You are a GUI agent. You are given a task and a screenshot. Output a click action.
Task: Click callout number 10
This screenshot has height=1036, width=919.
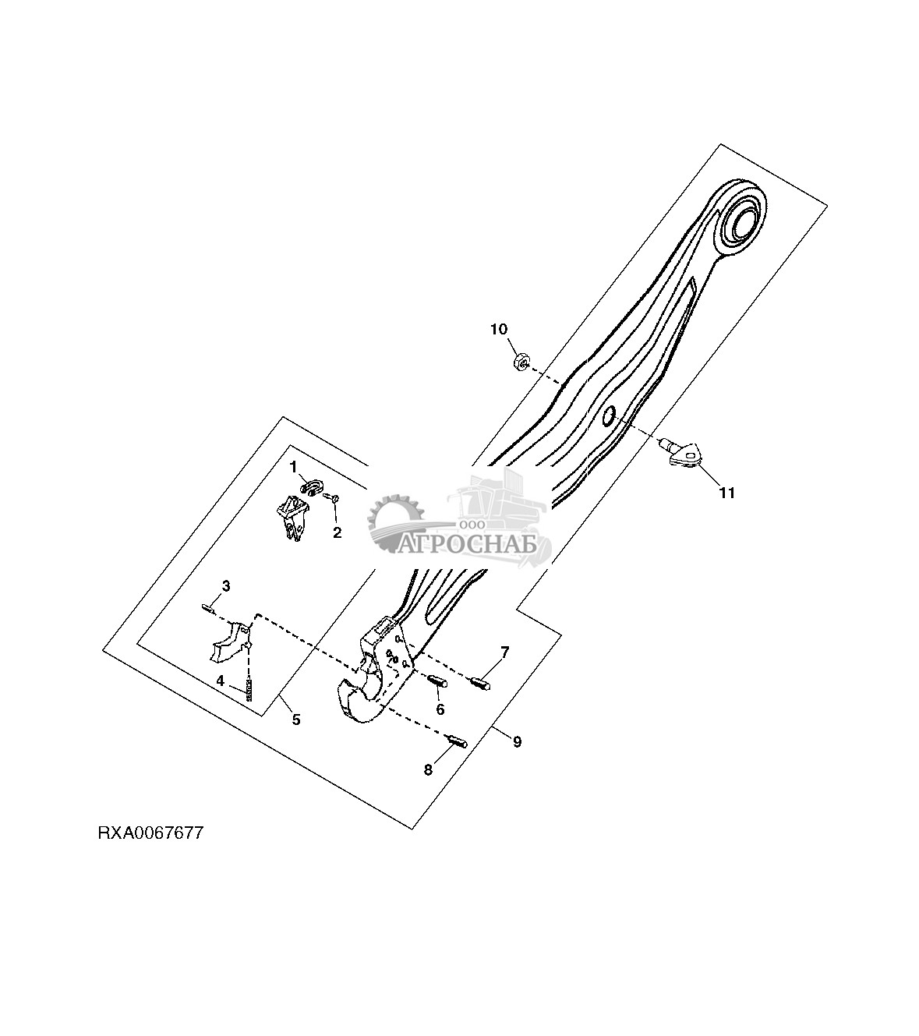click(498, 329)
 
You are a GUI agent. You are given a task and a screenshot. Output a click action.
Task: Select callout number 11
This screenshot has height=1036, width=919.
click(726, 493)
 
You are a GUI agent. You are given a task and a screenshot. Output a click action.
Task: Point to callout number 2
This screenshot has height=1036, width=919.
click(338, 533)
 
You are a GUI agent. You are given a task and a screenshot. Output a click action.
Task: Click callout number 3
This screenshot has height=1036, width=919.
click(225, 585)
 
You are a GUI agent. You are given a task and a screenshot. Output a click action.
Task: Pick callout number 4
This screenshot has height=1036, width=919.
click(221, 681)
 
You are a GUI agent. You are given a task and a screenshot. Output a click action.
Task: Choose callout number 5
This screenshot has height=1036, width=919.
click(295, 720)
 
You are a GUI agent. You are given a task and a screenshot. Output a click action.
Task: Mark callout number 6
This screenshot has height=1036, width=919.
click(440, 709)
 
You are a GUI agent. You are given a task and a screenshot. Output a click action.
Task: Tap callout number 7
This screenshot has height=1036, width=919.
click(504, 652)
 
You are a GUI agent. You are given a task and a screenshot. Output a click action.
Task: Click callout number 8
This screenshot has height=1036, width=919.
click(428, 770)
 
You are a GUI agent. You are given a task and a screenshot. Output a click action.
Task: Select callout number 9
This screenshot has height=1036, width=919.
click(517, 741)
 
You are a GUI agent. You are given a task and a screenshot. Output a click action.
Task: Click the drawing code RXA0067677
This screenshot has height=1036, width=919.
click(150, 833)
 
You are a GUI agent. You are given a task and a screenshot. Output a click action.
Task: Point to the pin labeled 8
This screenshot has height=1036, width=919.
click(458, 741)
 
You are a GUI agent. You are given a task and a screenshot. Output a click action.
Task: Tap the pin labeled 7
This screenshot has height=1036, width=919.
click(482, 684)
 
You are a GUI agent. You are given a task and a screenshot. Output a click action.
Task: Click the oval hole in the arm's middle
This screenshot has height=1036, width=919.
click(608, 416)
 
